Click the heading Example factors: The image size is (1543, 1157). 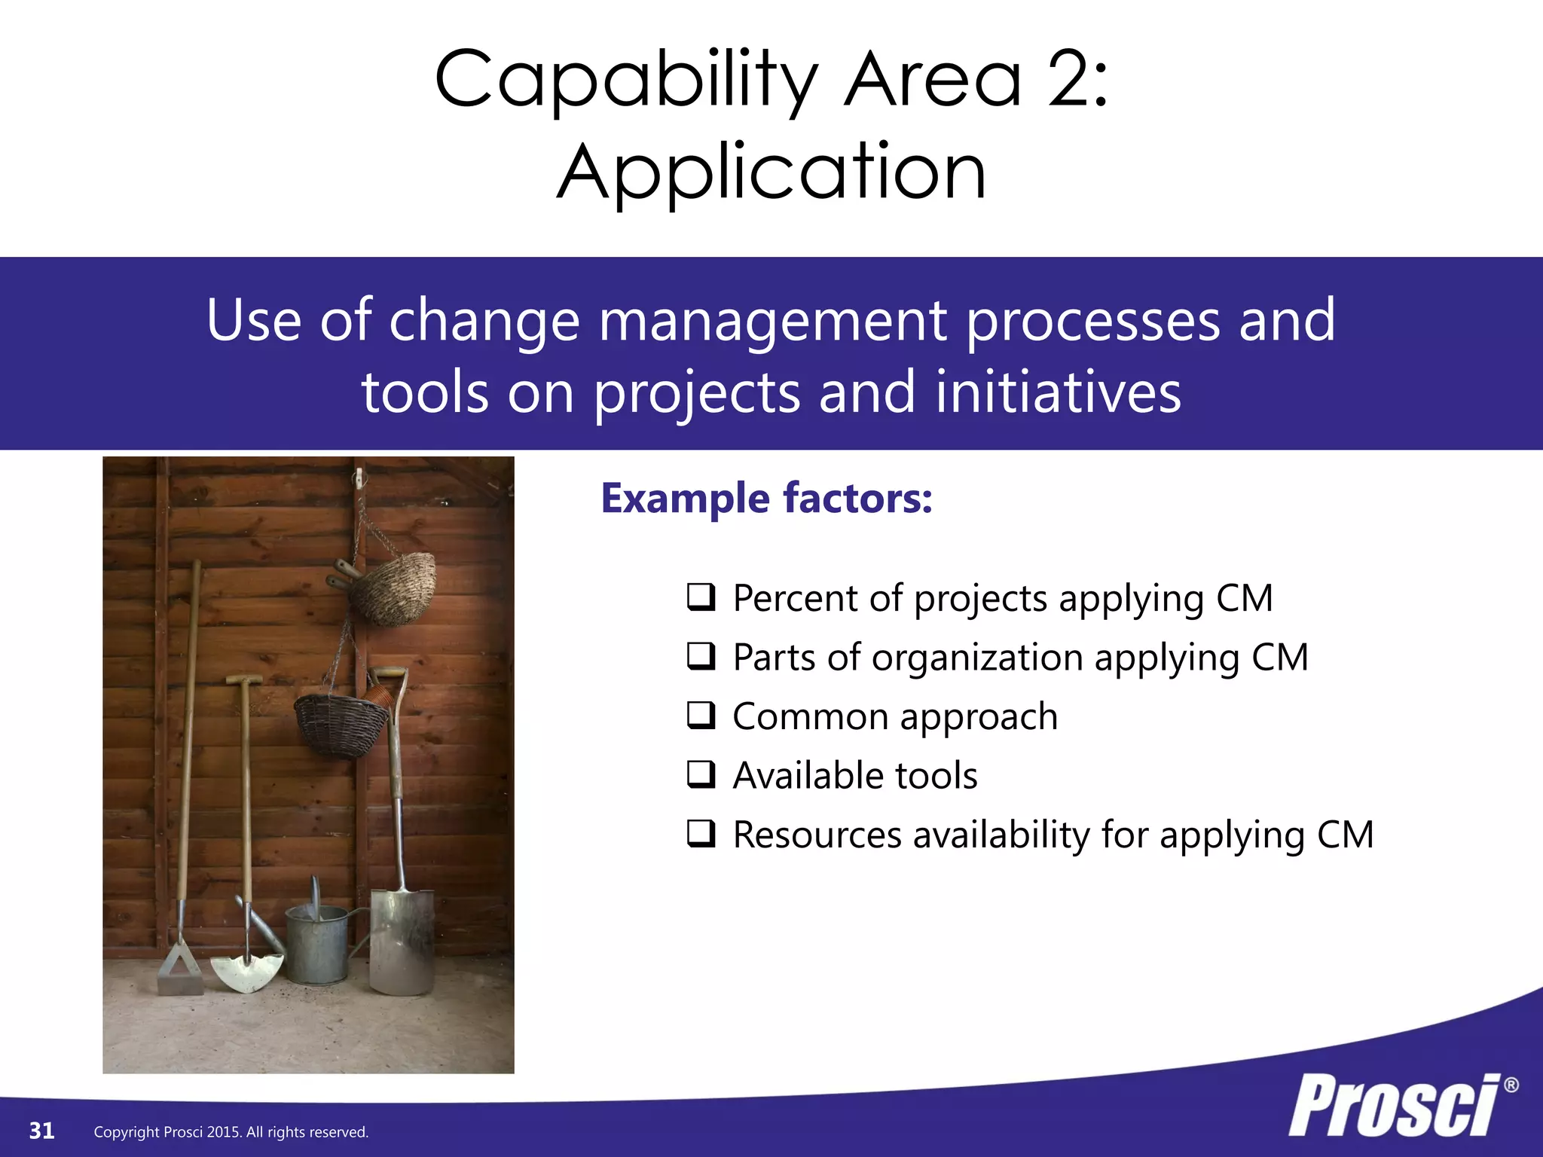766,499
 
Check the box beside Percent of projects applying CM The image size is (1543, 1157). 701,597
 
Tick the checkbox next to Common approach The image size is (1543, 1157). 701,716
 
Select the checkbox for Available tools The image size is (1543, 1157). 701,774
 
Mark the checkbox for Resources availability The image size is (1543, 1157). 701,834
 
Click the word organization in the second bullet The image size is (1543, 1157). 977,658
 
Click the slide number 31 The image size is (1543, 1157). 41,1131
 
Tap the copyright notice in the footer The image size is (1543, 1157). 231,1132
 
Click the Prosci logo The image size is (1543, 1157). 1394,1106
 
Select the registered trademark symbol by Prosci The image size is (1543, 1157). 1511,1085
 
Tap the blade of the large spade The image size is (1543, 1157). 402,942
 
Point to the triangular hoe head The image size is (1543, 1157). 179,972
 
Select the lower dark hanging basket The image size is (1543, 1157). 341,725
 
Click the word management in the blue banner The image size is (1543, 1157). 772,320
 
